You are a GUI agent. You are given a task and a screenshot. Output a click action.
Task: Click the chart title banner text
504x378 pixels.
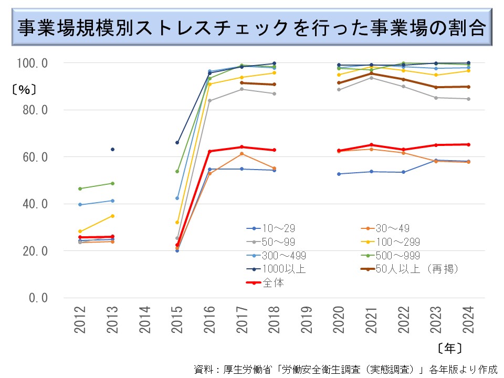click(251, 28)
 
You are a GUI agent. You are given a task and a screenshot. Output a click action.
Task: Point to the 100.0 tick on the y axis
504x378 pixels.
click(33, 63)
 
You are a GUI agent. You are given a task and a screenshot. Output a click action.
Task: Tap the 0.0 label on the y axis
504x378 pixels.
click(38, 298)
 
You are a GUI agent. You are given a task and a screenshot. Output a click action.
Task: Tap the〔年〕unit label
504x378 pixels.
click(449, 347)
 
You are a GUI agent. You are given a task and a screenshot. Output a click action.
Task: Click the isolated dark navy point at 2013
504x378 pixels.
click(112, 150)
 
